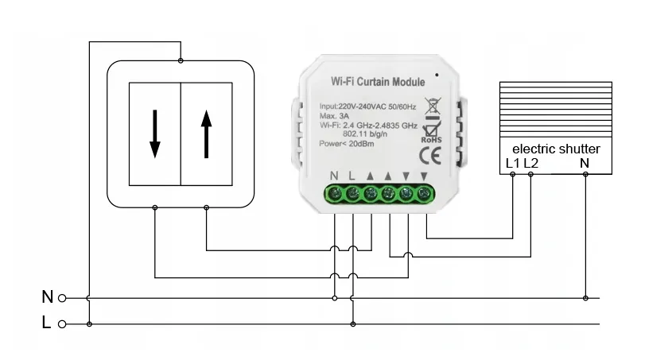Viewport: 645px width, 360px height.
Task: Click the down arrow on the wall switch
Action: (154, 134)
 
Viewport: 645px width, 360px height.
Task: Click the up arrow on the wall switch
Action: (207, 134)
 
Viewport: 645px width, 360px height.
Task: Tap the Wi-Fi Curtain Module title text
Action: (377, 82)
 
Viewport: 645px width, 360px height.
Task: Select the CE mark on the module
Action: (429, 154)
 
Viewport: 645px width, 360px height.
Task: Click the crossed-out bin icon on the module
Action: (432, 104)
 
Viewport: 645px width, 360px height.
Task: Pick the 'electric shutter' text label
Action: (556, 149)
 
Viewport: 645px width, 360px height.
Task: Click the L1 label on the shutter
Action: (513, 164)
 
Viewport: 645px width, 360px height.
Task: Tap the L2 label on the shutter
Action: (531, 164)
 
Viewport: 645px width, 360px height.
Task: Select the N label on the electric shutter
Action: (585, 164)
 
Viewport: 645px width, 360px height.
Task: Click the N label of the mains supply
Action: (47, 298)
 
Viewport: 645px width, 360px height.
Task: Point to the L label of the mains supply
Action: (47, 323)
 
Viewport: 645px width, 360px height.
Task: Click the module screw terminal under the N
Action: (334, 193)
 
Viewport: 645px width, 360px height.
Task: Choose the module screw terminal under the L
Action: (352, 193)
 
